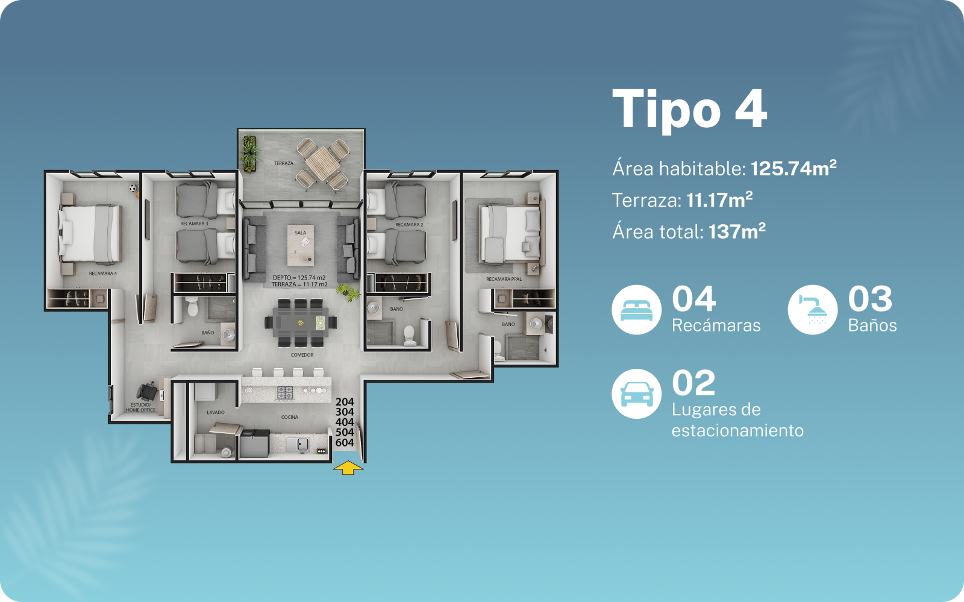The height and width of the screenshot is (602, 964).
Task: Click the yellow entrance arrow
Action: tap(348, 468)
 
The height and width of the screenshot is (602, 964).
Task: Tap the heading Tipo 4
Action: tap(689, 110)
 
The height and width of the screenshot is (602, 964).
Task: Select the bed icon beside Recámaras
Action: tap(636, 310)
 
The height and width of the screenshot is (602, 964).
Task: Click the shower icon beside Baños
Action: tap(813, 310)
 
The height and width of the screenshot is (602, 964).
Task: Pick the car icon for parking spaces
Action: tap(636, 393)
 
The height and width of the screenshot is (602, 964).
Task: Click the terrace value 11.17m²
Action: tap(719, 200)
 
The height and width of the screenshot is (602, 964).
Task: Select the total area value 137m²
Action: tap(737, 231)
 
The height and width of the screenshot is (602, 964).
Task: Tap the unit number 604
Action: tap(345, 442)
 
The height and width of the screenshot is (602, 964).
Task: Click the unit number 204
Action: tap(345, 402)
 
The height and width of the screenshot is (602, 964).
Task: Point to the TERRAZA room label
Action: tap(284, 163)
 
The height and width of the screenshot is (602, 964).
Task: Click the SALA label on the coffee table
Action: tap(301, 233)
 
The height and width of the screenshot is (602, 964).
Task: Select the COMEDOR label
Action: tap(302, 355)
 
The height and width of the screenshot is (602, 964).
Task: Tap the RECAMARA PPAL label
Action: tap(504, 279)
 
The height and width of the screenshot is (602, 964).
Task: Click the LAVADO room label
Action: tap(216, 412)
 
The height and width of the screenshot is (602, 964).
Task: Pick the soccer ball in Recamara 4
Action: tap(133, 188)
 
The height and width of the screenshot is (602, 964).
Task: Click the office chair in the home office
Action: tap(147, 391)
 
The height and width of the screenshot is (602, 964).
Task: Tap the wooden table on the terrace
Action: tap(322, 164)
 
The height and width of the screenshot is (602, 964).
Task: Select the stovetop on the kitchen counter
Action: tap(285, 393)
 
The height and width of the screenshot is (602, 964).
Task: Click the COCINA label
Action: tap(290, 417)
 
